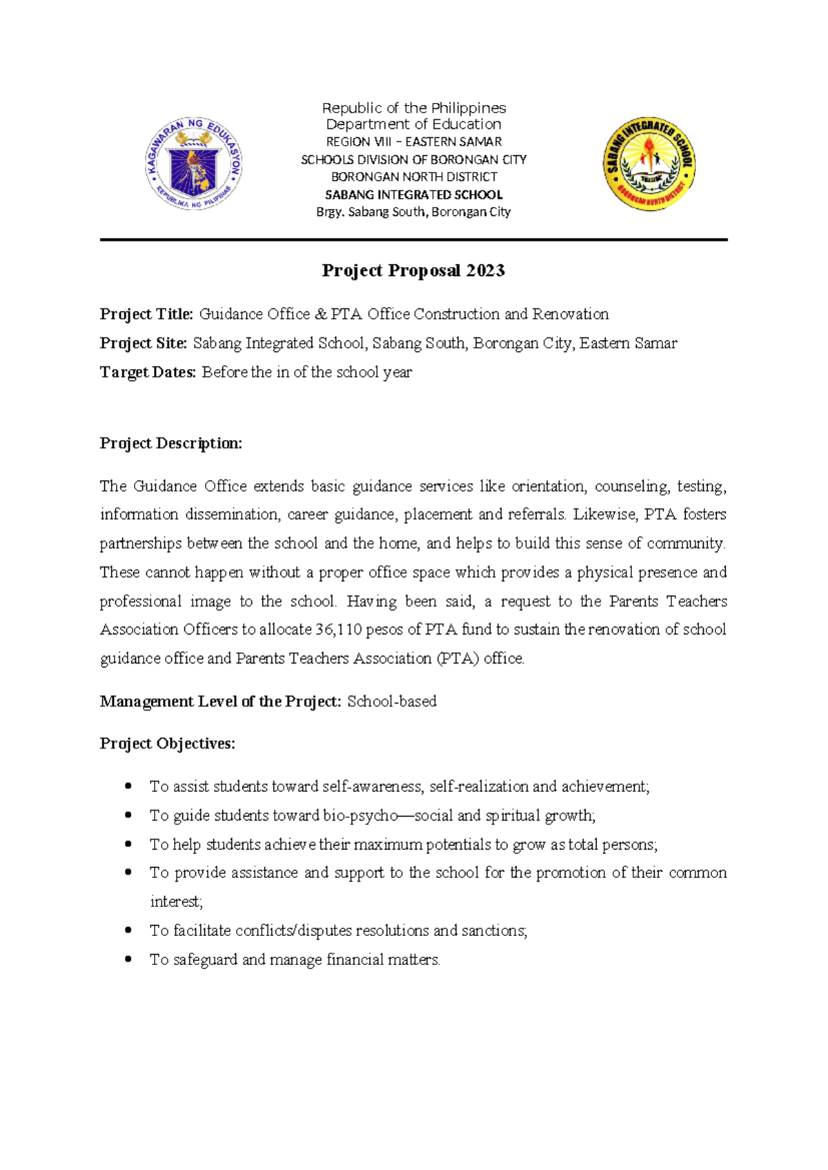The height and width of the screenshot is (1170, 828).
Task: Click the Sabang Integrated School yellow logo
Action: click(x=649, y=163)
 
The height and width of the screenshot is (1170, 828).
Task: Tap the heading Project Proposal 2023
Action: click(x=413, y=270)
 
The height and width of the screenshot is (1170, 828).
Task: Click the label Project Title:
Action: click(x=146, y=315)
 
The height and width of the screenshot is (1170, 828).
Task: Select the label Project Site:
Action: click(x=144, y=344)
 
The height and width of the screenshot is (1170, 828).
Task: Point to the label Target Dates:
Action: click(x=148, y=373)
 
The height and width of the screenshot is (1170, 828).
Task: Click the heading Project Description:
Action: click(x=170, y=444)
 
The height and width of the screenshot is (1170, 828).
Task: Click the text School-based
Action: click(x=392, y=702)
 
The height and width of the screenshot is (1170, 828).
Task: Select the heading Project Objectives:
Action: click(x=167, y=744)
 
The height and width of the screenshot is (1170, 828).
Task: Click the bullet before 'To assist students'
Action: click(x=128, y=786)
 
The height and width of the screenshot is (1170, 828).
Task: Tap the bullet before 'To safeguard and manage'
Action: click(x=128, y=959)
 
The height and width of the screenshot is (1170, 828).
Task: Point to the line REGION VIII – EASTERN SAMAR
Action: click(x=414, y=142)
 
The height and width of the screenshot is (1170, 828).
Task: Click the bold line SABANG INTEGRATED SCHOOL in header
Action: click(x=414, y=195)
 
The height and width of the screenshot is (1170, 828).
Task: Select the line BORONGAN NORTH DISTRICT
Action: click(x=414, y=177)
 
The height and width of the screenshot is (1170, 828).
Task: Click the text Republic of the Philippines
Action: click(x=414, y=108)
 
